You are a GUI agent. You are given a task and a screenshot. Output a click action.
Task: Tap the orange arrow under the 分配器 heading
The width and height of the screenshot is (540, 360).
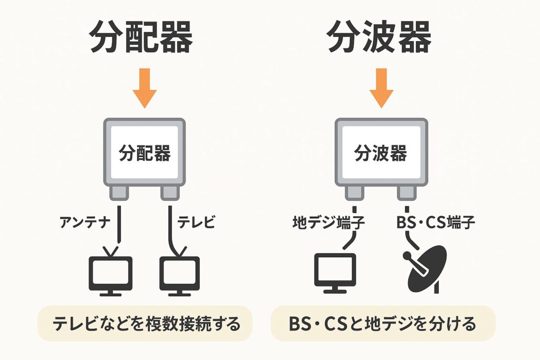144,88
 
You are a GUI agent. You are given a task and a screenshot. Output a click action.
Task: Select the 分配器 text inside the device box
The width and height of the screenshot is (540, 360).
144,154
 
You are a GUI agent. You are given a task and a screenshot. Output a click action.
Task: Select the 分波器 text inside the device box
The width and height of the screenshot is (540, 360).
380,154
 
